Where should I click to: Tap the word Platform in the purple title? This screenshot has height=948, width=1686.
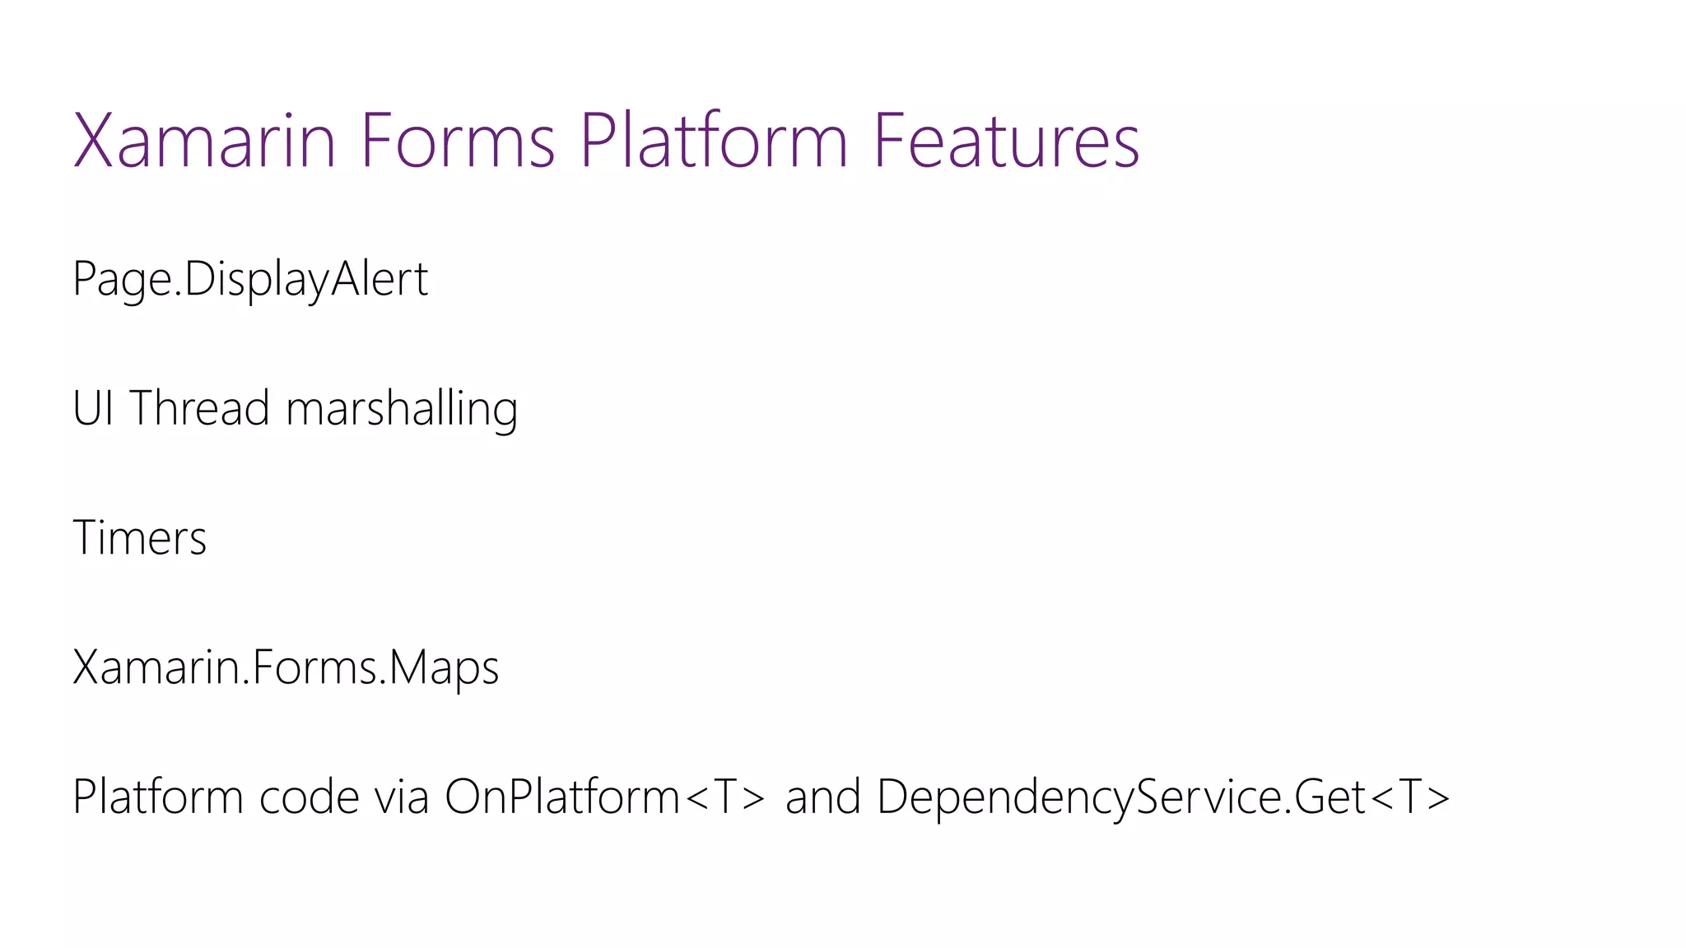(713, 142)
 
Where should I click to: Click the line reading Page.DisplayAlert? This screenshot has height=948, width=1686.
(250, 280)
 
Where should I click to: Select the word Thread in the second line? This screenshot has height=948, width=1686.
(199, 408)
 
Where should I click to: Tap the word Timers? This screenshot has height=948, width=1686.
(140, 538)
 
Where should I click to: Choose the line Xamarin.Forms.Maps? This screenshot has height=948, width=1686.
(286, 667)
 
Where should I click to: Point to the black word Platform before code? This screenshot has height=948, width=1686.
(158, 797)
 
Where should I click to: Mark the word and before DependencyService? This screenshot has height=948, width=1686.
(822, 797)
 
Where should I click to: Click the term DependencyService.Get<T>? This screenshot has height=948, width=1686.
(1162, 797)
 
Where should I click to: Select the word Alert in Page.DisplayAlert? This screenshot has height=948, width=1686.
(380, 280)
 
